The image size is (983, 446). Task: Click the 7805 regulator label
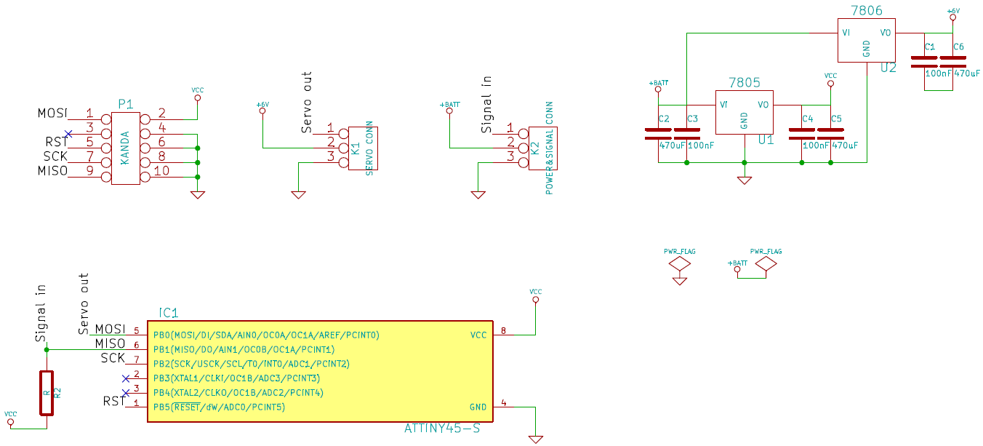pyautogui.click(x=744, y=82)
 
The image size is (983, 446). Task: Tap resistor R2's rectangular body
pyautogui.click(x=47, y=392)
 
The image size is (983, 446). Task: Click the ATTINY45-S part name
pyautogui.click(x=442, y=428)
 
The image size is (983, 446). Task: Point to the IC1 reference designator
pyautogui.click(x=168, y=313)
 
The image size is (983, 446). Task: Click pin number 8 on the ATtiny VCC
pyautogui.click(x=503, y=330)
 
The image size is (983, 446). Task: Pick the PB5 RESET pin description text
pyautogui.click(x=219, y=407)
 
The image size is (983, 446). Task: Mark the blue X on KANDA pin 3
pyautogui.click(x=68, y=133)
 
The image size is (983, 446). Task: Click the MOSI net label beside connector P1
pyautogui.click(x=52, y=114)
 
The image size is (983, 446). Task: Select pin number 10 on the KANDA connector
pyautogui.click(x=161, y=171)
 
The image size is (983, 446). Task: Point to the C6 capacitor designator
pyautogui.click(x=958, y=47)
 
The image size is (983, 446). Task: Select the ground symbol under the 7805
pyautogui.click(x=744, y=180)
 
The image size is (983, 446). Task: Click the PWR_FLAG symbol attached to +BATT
pyautogui.click(x=766, y=265)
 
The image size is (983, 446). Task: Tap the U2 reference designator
pyautogui.click(x=888, y=68)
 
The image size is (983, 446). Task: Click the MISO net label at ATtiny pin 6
pyautogui.click(x=111, y=343)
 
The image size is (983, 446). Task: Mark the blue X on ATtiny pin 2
pyautogui.click(x=126, y=378)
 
